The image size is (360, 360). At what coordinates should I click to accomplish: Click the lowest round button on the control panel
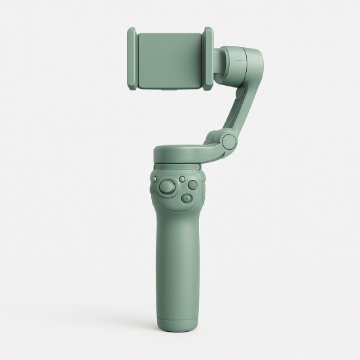tap(187, 198)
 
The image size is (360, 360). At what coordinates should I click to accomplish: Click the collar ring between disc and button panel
tap(180, 164)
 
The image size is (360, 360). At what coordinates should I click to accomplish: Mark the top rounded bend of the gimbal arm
tap(249, 56)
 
